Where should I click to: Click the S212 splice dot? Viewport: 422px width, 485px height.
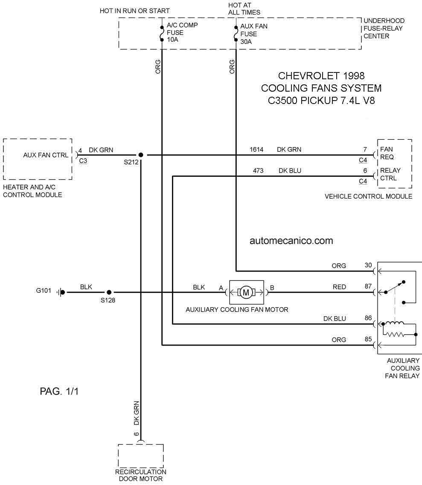[x=140, y=155]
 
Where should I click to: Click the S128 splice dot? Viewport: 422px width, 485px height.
[x=109, y=292]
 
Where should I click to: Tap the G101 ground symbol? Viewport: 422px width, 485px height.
[x=61, y=292]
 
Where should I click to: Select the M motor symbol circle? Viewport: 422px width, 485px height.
[x=246, y=292]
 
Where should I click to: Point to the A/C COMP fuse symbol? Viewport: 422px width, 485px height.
[x=162, y=34]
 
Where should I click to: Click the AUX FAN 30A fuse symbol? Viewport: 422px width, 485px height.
[x=236, y=34]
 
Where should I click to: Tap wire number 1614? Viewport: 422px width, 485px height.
[x=256, y=150]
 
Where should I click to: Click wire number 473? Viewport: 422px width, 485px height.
[x=258, y=170]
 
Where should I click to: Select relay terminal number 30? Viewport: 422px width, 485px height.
[x=368, y=265]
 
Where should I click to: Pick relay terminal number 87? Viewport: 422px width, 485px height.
[x=368, y=286]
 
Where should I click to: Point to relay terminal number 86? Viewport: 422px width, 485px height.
[x=368, y=318]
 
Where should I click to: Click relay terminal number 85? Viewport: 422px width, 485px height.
[x=368, y=339]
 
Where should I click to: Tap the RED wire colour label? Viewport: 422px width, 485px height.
[x=339, y=287]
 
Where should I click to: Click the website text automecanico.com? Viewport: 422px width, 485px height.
[x=291, y=241]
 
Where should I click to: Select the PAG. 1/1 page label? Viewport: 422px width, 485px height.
[x=59, y=391]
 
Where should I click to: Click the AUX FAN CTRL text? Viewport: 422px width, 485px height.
[x=46, y=155]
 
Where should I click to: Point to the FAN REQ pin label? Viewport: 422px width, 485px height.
[x=387, y=153]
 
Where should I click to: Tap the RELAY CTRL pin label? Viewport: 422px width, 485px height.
[x=390, y=174]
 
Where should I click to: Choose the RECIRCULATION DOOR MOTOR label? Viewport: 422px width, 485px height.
[x=140, y=476]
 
